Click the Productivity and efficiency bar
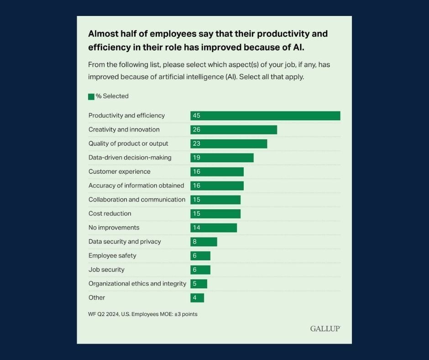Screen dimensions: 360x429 point(265,116)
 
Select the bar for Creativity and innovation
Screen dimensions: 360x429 point(234,130)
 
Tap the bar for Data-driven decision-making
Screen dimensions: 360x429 point(222,158)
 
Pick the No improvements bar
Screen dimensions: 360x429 point(214,228)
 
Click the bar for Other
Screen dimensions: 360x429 point(197,298)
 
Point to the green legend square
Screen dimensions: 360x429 point(91,96)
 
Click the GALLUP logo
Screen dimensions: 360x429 point(325,328)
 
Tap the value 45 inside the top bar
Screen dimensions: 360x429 point(197,116)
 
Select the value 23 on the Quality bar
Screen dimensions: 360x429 point(197,144)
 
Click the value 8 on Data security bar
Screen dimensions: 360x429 point(195,242)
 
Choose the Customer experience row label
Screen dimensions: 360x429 point(119,172)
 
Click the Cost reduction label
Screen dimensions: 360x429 point(110,214)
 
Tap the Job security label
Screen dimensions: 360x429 point(106,270)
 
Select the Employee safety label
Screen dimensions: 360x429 point(112,256)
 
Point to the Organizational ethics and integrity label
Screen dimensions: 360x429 point(137,284)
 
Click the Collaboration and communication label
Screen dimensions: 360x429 point(136,200)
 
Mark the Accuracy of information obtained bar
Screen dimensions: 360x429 point(217,185)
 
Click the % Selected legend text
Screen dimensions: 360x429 point(112,96)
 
